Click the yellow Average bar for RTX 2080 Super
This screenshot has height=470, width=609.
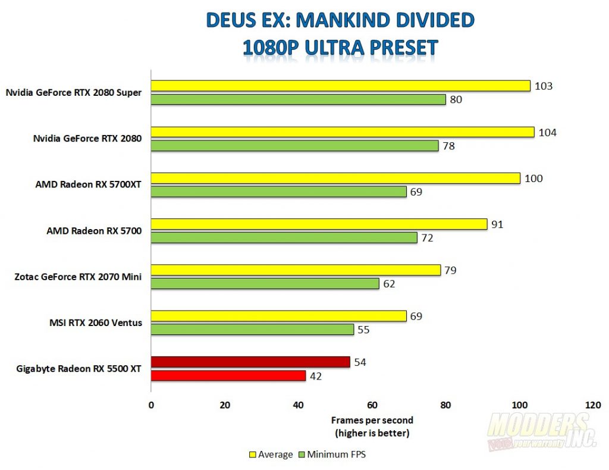coord(340,86)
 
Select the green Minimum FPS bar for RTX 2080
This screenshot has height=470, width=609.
coord(294,146)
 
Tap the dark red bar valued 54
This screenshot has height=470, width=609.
coord(250,362)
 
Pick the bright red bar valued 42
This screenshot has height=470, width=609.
coord(228,375)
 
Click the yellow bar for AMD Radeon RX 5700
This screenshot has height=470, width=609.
coord(319,224)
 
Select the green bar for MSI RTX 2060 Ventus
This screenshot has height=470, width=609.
coord(252,330)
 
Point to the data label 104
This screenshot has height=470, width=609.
coord(547,132)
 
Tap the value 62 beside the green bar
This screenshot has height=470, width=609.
coord(389,284)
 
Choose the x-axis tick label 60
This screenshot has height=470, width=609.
coord(372,405)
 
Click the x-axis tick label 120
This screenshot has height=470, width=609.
coord(592,405)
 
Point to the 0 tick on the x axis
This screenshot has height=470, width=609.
coord(151,405)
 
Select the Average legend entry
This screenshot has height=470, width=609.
coord(271,455)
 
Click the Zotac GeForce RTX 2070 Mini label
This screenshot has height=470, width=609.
coord(77,277)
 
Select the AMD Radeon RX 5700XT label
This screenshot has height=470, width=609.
coord(88,184)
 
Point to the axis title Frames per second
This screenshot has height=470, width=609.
coord(372,420)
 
